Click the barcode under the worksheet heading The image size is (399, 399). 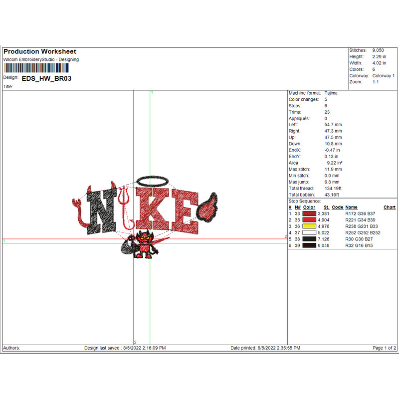coord(36,68)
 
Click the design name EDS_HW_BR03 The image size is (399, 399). coord(46,78)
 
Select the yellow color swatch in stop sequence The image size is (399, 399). coord(309,226)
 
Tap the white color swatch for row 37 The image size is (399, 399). coord(309,232)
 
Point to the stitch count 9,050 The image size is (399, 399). coord(378,50)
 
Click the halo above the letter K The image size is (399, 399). coord(153,181)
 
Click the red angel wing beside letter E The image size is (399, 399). coord(207,207)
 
